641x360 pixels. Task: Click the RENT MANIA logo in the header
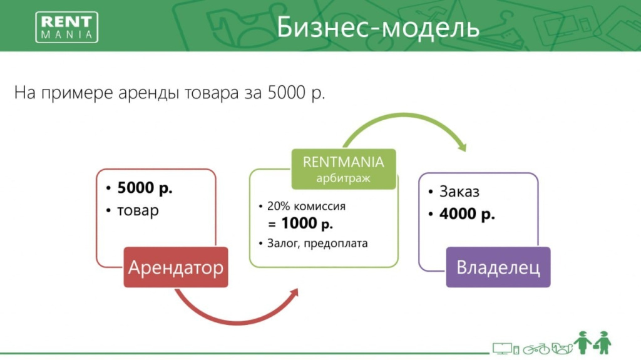point(66,27)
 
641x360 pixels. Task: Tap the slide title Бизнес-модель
point(377,28)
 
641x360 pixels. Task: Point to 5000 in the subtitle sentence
point(287,92)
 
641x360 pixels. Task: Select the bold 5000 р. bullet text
point(145,188)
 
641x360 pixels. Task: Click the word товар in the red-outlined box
point(138,210)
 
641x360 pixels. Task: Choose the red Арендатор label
point(176,267)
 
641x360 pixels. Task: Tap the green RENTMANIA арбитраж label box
point(344,169)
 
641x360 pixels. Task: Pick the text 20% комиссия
point(306,206)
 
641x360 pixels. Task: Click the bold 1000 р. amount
point(307,224)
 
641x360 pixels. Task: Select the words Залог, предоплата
point(317,244)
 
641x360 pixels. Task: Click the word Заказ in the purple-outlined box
point(459,192)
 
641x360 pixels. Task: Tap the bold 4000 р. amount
point(467,214)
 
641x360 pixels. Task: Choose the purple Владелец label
point(498,267)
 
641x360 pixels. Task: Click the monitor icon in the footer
point(502,349)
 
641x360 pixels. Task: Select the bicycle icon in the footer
point(536,349)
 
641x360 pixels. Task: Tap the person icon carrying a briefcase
point(603,343)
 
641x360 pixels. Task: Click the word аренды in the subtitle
point(148,93)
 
